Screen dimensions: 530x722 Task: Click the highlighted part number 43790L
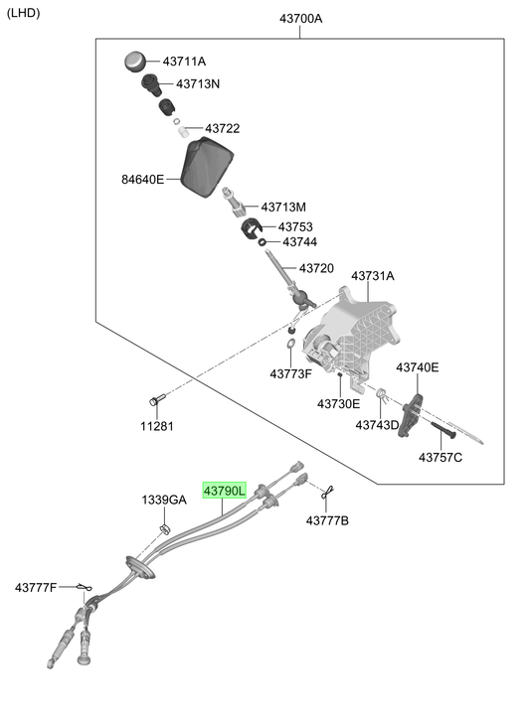(225, 491)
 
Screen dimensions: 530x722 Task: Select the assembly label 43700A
(301, 19)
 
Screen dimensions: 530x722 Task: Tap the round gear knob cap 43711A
(135, 62)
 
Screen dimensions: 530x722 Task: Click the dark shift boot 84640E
(208, 167)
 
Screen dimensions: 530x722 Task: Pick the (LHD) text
(24, 13)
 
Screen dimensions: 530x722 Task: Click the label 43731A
(373, 276)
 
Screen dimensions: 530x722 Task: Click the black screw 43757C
(443, 430)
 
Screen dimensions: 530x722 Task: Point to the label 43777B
(327, 520)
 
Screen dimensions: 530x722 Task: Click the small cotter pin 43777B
(327, 493)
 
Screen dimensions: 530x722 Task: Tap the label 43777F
(36, 588)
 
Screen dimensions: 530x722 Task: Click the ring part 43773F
(290, 344)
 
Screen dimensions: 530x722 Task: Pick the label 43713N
(198, 83)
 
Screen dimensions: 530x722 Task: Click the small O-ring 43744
(262, 241)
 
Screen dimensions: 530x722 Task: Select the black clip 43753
(251, 227)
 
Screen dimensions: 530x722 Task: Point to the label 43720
(316, 268)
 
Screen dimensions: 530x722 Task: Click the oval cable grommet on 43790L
(139, 567)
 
